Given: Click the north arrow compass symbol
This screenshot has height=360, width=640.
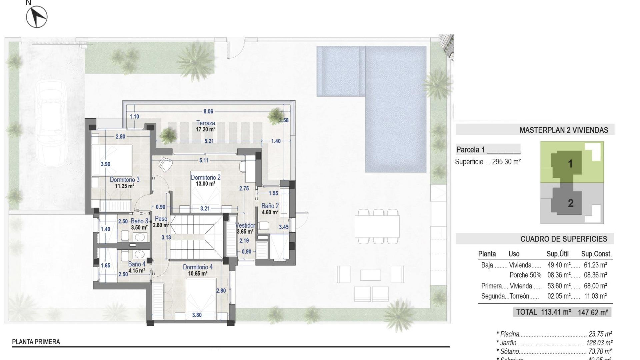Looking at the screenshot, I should coord(37,17).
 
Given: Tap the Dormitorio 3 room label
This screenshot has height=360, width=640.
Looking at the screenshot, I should coord(125,180).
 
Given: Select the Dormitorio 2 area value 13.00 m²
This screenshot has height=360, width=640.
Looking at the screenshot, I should coord(205,184).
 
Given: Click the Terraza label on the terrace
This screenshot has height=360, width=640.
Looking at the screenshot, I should coord(205,123).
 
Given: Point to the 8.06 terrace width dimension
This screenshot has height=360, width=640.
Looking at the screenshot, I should coord(208,112).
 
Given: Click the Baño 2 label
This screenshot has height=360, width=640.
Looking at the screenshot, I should coord(270,206).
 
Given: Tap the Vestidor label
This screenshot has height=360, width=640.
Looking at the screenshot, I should coord(245,226).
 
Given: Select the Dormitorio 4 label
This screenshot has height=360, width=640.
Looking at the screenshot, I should coord(198,267).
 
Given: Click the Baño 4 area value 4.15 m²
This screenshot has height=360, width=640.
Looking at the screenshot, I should coord(137,271).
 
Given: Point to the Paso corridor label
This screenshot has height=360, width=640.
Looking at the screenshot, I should coord(161,219).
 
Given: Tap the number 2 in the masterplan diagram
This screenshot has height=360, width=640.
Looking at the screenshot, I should coord(571,203).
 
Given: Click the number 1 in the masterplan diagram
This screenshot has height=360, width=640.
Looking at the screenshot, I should coord(570,164).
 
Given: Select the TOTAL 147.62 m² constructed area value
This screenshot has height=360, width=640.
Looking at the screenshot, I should coord(593,313).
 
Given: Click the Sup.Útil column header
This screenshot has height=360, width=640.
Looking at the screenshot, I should coord(557,254).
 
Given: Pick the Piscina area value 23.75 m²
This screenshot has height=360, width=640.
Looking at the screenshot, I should coord(600,334).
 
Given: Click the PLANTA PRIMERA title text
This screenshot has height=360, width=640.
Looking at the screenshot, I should coord(36,342).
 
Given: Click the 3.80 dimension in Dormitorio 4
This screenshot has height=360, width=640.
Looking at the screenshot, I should coord(197,315).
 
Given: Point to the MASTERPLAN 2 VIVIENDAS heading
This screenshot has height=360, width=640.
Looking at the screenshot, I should coord(564,130).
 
